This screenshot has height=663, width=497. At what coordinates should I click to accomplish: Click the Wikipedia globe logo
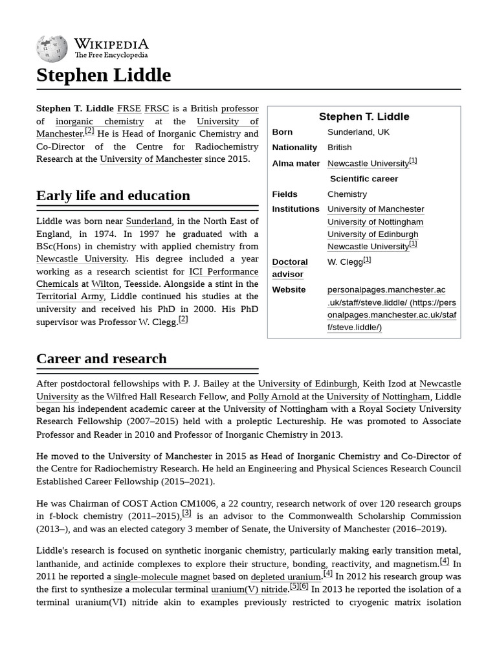click(x=52, y=47)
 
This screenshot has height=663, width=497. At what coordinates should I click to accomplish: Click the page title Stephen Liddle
click(x=104, y=75)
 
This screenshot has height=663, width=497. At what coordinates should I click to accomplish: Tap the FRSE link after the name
click(x=129, y=108)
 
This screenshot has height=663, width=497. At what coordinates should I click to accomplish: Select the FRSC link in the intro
click(x=156, y=108)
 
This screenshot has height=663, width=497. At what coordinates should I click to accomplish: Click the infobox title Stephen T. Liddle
click(x=364, y=117)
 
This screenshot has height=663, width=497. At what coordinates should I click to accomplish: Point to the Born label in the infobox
click(x=282, y=132)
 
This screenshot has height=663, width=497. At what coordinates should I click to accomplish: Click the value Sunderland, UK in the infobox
click(x=359, y=132)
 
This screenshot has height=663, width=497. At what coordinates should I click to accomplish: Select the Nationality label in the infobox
click(x=294, y=148)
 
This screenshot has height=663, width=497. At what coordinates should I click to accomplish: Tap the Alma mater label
click(x=296, y=163)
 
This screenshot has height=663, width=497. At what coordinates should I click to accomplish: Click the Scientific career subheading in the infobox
click(x=364, y=179)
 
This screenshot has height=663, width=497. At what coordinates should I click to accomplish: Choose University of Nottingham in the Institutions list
click(x=375, y=221)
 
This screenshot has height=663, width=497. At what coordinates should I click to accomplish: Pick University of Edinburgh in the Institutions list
click(x=373, y=234)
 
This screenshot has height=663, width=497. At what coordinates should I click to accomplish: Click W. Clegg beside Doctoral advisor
click(x=345, y=262)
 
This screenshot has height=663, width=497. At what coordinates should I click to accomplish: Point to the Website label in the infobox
click(x=289, y=289)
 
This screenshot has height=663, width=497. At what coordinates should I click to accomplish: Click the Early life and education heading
click(x=113, y=196)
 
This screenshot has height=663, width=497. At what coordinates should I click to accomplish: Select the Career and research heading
click(x=102, y=359)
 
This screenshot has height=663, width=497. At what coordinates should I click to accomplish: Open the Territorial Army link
click(x=71, y=297)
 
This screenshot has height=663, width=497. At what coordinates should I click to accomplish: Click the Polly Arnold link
click(x=273, y=396)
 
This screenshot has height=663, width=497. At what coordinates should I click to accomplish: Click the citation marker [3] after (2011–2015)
click(x=186, y=513)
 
